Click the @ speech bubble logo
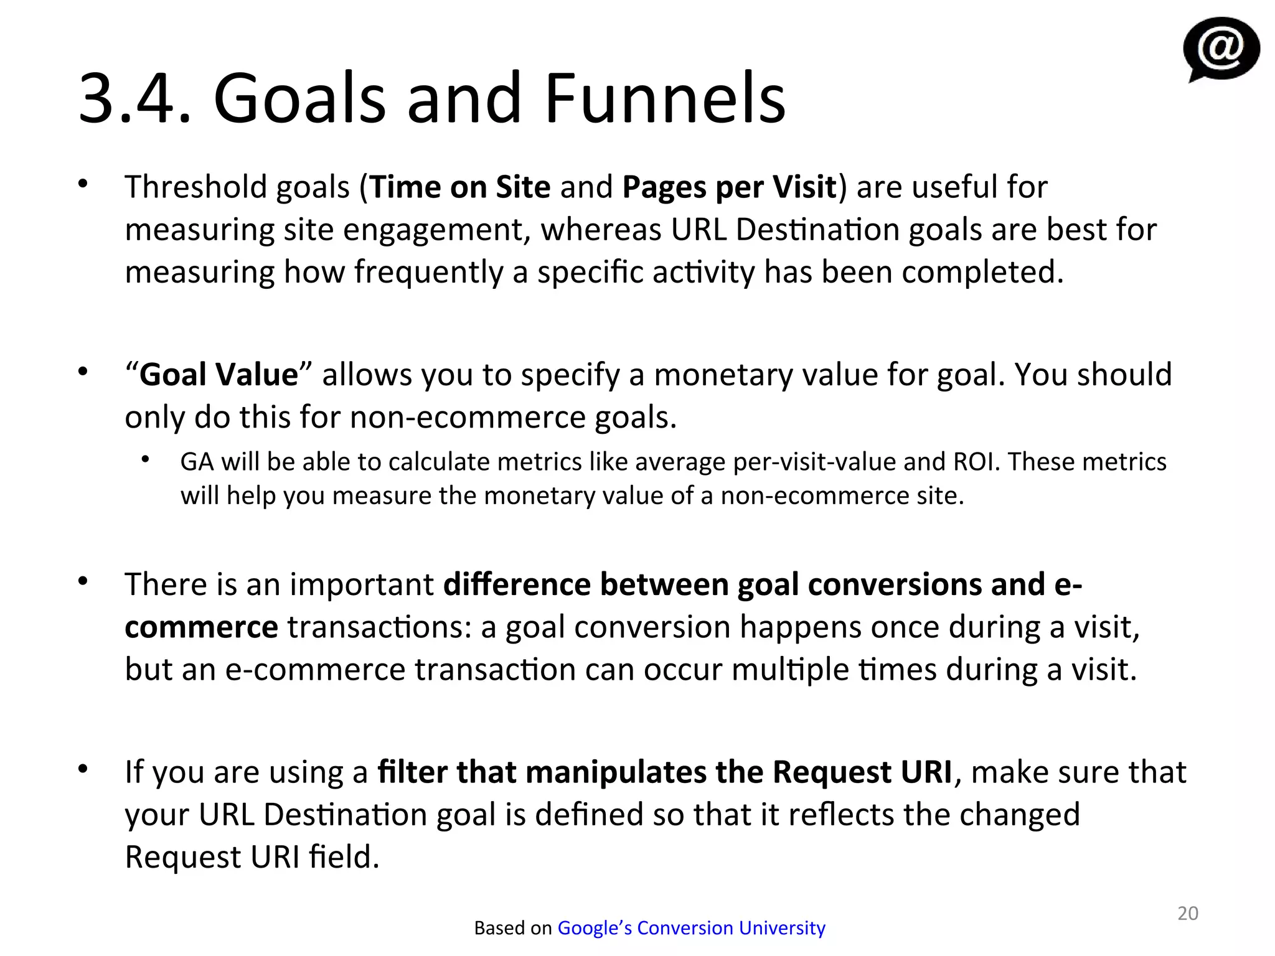(1220, 49)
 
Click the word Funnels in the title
(664, 98)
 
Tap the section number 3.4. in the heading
(134, 98)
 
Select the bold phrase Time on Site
(460, 187)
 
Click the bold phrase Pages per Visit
(729, 187)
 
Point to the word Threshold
(195, 187)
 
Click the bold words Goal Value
(219, 375)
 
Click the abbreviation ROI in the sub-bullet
(976, 462)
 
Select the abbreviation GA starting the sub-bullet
(196, 462)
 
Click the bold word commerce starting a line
(201, 627)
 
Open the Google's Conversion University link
(691, 928)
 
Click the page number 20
(1187, 913)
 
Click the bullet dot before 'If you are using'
(83, 769)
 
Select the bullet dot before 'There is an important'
(83, 581)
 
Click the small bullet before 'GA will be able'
(146, 460)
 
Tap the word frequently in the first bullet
(428, 273)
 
